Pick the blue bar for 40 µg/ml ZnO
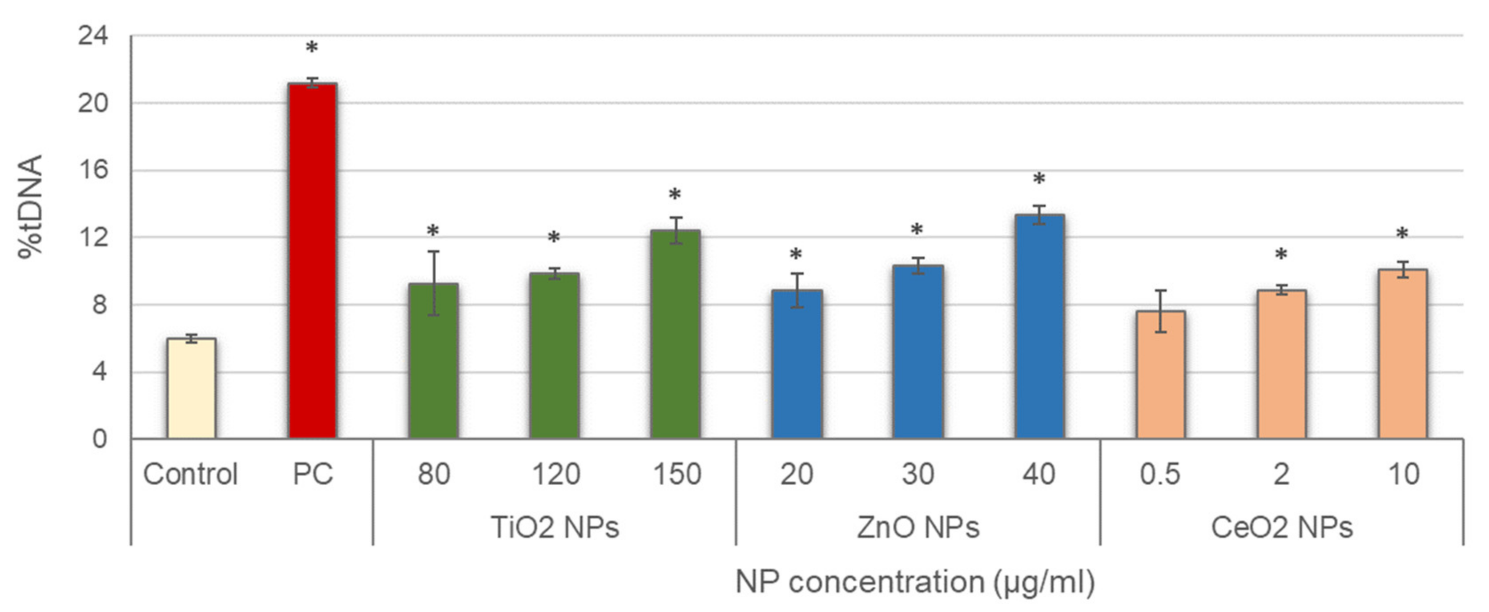click(x=1039, y=326)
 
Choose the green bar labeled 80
click(x=434, y=361)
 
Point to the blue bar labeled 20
click(x=797, y=364)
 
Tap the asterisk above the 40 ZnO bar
click(x=1039, y=180)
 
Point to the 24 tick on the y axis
click(x=93, y=36)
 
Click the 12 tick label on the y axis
click(x=93, y=238)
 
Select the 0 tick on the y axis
click(x=100, y=439)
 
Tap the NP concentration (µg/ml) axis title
click(x=915, y=581)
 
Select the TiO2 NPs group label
click(x=554, y=527)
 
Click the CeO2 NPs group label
click(x=1281, y=527)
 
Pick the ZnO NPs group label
click(x=918, y=527)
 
